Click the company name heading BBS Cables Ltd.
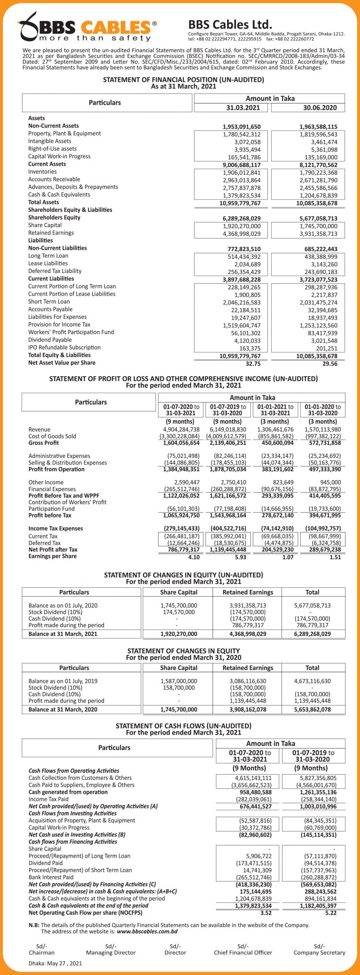pos(230,25)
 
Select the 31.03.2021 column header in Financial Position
pos(243,108)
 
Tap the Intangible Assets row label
pos(50,141)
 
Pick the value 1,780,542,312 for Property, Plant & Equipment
pos(242,134)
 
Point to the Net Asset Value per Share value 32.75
pos(253,364)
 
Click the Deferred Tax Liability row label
pos(55,271)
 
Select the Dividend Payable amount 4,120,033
pos(247,341)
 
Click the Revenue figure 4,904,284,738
pos(181,430)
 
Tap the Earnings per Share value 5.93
pos(240,557)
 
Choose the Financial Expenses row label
pos(52,489)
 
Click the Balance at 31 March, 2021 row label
pos(63,634)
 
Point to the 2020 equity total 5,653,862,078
pos(312,710)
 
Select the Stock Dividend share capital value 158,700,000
pos(179,688)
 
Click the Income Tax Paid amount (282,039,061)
pos(254,799)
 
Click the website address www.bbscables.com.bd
pos(147,932)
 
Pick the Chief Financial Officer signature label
pos(243,953)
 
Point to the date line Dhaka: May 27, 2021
pos(55,964)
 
